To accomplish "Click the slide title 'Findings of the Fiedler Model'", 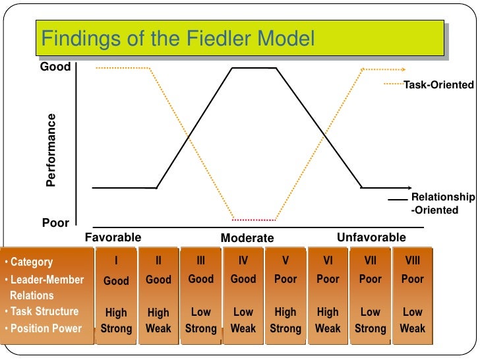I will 178,40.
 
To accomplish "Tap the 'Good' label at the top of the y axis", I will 56,67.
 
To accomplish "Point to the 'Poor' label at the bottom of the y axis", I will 55,224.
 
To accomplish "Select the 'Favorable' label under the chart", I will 113,237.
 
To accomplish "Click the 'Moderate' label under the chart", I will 247,238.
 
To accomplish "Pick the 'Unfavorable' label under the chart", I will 371,237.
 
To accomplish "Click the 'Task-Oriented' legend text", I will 438,85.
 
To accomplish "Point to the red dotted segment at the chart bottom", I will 255,220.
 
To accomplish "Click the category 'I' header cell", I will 116,261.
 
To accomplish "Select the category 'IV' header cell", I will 243,261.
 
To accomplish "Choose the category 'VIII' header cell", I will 412,261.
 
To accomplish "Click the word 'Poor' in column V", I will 285,279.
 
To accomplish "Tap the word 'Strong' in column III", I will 200,328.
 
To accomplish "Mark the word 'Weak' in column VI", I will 328,328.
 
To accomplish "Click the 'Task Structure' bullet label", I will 45,312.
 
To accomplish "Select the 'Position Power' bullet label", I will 46,328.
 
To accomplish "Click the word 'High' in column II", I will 158,313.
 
